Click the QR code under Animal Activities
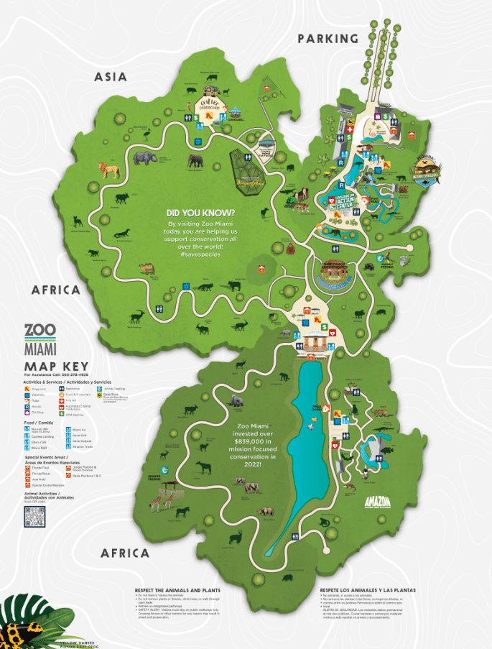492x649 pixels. (x=34, y=517)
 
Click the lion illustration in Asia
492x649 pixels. (x=109, y=170)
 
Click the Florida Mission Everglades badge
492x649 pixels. (x=432, y=173)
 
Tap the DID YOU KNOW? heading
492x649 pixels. (x=200, y=213)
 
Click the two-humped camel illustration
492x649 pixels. (x=149, y=268)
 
